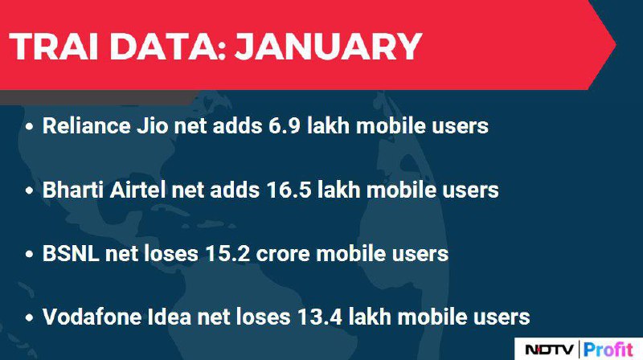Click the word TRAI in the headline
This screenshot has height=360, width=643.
pyautogui.click(x=54, y=46)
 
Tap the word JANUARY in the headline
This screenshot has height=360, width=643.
pyautogui.click(x=328, y=46)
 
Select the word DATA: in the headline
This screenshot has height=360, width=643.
pyautogui.click(x=168, y=46)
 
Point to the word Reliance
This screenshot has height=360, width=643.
pyautogui.click(x=87, y=125)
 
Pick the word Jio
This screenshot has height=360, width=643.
pyautogui.click(x=152, y=125)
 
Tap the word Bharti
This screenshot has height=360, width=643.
pyautogui.click(x=73, y=190)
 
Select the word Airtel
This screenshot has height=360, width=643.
pyautogui.click(x=137, y=190)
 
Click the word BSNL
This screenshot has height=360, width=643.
pyautogui.click(x=71, y=253)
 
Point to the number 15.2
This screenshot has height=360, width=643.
pyautogui.click(x=227, y=253)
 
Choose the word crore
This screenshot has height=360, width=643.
pyautogui.click(x=283, y=254)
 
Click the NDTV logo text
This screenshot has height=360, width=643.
pyautogui.click(x=550, y=350)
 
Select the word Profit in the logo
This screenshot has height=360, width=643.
pyautogui.click(x=608, y=350)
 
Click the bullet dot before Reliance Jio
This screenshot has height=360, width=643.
pyautogui.click(x=29, y=127)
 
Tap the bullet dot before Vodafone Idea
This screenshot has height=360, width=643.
pyautogui.click(x=29, y=317)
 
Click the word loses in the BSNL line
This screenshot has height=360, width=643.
pyautogui.click(x=172, y=253)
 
